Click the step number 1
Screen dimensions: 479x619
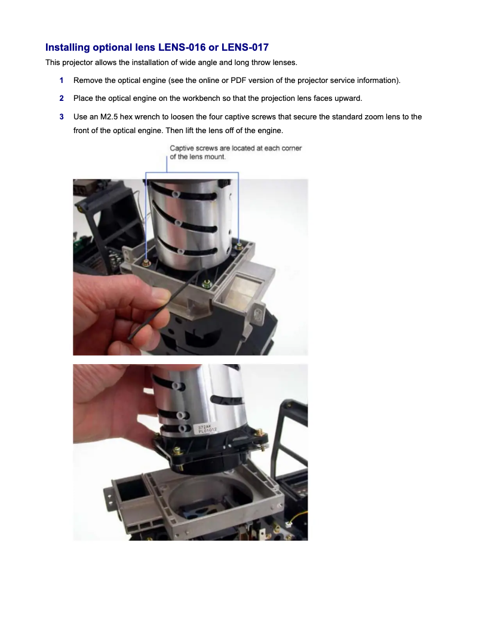62,81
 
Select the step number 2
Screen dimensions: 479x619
62,98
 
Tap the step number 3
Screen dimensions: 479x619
62,117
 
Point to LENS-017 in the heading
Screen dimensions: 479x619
245,47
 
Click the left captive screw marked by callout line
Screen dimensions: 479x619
146,263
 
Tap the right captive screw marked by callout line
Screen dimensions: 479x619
239,246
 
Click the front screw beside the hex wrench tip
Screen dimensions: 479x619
207,283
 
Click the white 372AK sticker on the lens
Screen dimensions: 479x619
207,429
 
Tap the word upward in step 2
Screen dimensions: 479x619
349,98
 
